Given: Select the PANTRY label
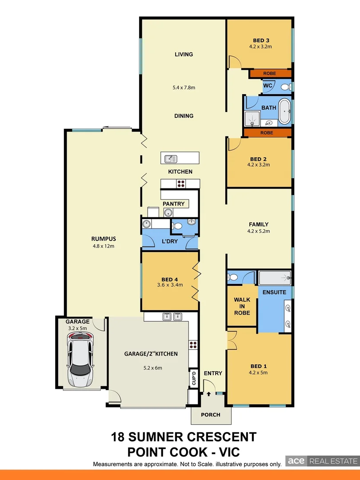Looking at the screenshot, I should tap(173, 204).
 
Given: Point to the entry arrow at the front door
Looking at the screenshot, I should tap(208, 394).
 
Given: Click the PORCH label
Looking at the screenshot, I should tap(211, 415).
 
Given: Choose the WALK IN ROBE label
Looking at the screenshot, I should tap(242, 306).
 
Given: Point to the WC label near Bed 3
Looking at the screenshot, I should tap(268, 85).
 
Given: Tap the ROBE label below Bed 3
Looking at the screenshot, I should tap(269, 73).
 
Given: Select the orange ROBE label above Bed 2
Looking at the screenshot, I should tap(268, 133).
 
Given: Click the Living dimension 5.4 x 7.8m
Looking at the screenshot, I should tap(184, 88).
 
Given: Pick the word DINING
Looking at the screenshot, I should tap(184, 116).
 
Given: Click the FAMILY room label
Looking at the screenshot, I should tap(258, 224).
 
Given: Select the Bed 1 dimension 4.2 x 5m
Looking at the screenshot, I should tap(258, 373).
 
